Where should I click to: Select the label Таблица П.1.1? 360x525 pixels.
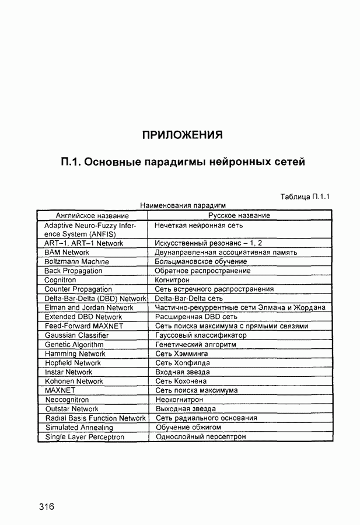[305, 196]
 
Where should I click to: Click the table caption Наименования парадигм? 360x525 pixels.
[183, 205]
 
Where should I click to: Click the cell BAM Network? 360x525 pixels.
[67, 253]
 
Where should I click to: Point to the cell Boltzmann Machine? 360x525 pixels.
[76, 262]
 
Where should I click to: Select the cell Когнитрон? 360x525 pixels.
[173, 280]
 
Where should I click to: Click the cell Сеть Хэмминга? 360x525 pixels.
[180, 353]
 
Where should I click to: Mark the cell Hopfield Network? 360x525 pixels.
[73, 363]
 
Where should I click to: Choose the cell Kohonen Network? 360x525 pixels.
[74, 381]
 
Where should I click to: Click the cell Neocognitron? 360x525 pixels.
[67, 400]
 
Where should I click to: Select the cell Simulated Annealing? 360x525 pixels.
[78, 428]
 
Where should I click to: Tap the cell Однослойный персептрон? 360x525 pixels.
[200, 436]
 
